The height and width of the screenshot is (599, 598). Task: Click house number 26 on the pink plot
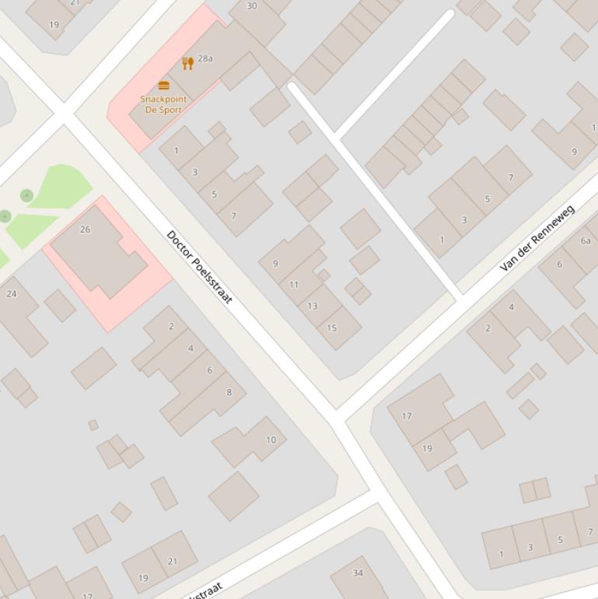coord(85,229)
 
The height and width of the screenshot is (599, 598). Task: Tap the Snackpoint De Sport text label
coord(163,104)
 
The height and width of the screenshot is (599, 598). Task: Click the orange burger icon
coord(163,86)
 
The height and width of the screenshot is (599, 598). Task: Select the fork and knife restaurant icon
coord(187,63)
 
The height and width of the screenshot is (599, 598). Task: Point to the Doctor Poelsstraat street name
coord(199,267)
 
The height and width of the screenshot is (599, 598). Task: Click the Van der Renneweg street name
coord(537,237)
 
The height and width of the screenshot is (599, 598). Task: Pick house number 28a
coord(205,58)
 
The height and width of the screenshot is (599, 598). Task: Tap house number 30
coord(251,5)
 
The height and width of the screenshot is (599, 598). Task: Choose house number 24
coord(11,293)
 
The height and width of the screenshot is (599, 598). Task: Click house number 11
coord(293,285)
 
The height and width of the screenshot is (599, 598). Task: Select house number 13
coord(312,306)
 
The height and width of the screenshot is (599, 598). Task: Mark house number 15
coord(331,328)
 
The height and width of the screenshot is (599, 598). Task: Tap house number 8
coord(229,392)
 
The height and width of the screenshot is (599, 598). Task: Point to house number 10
coord(271,440)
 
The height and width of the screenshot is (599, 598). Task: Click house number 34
coord(358,573)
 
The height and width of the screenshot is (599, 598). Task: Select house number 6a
coord(586,240)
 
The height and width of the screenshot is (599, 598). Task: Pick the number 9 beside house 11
coord(275,264)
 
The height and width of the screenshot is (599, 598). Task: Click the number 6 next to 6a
coord(559,264)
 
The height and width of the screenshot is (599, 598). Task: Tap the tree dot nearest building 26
coord(26,195)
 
